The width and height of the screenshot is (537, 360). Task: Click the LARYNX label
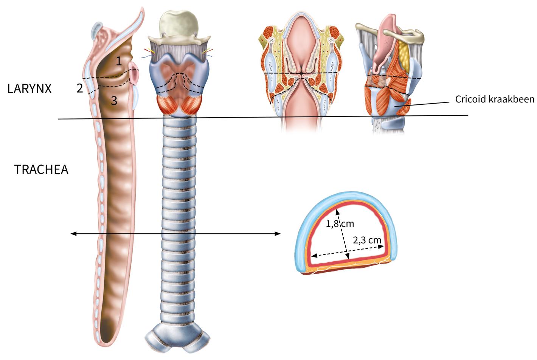point(29,89)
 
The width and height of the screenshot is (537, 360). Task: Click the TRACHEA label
point(41,169)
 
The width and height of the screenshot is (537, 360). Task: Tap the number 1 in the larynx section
point(119,61)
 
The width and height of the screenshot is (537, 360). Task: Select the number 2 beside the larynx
point(79,88)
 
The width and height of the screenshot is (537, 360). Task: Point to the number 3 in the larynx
point(114,101)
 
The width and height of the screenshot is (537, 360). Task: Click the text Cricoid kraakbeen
point(495,99)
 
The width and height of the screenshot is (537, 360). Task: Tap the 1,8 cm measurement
point(340,223)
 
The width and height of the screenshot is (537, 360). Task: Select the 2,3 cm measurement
point(367,240)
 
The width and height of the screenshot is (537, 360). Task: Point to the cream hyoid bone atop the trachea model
point(179,24)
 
